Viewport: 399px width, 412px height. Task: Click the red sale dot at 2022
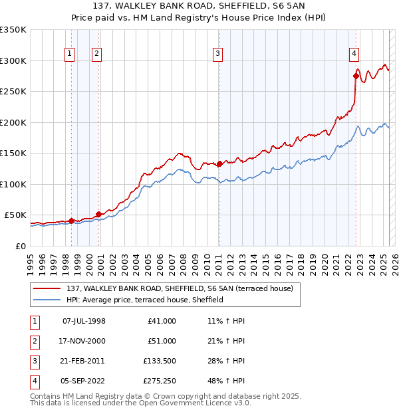[x=356, y=76]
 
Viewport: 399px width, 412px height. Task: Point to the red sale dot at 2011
[x=219, y=163]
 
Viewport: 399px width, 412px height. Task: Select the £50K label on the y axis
[x=15, y=215]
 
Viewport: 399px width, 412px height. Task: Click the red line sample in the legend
[x=48, y=288]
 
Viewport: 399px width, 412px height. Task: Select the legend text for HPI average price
[x=144, y=300]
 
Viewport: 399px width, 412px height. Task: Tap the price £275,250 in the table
[x=160, y=381]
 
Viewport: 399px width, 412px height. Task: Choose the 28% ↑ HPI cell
[x=227, y=361]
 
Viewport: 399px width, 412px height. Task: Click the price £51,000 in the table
[x=162, y=341]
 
